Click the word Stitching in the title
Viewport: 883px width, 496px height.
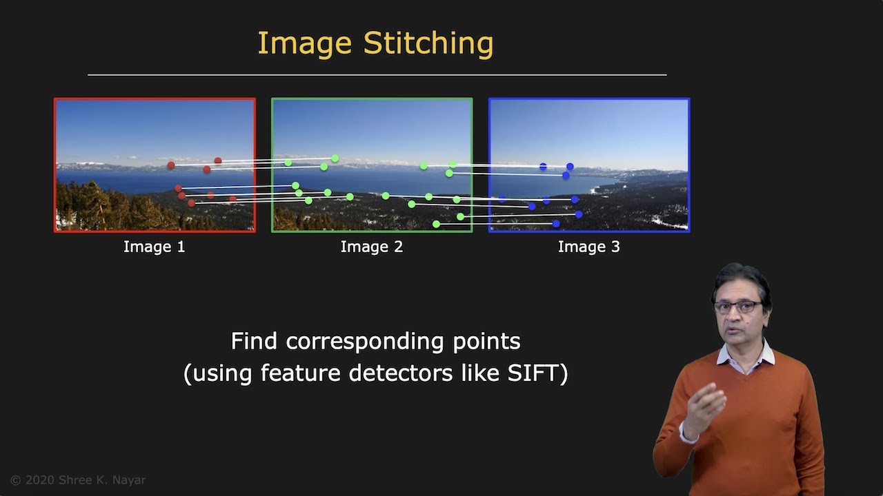pyautogui.click(x=428, y=44)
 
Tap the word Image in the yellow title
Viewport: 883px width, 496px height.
pyautogui.click(x=306, y=44)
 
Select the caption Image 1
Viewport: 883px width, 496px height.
pyautogui.click(x=155, y=247)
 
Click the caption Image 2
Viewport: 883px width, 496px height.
pyautogui.click(x=372, y=247)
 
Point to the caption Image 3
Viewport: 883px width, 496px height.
pyautogui.click(x=589, y=247)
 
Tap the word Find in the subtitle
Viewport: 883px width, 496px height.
pyautogui.click(x=255, y=341)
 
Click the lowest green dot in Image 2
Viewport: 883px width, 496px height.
pyautogui.click(x=436, y=224)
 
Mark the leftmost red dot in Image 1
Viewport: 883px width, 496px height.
pyautogui.click(x=171, y=165)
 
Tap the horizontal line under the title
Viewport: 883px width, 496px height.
pyautogui.click(x=377, y=74)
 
